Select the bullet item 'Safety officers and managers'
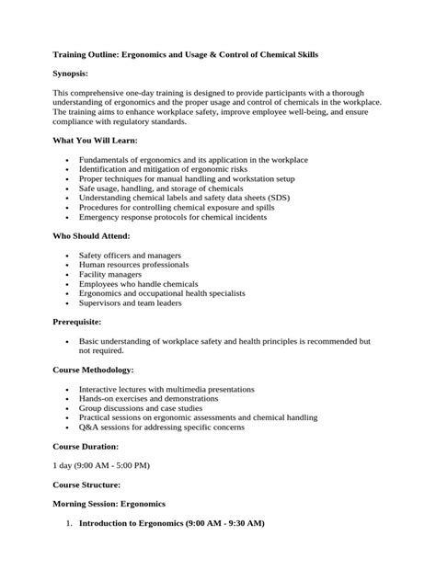click(x=130, y=255)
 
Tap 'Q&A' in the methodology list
click(x=89, y=427)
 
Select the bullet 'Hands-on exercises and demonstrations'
click(x=149, y=399)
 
